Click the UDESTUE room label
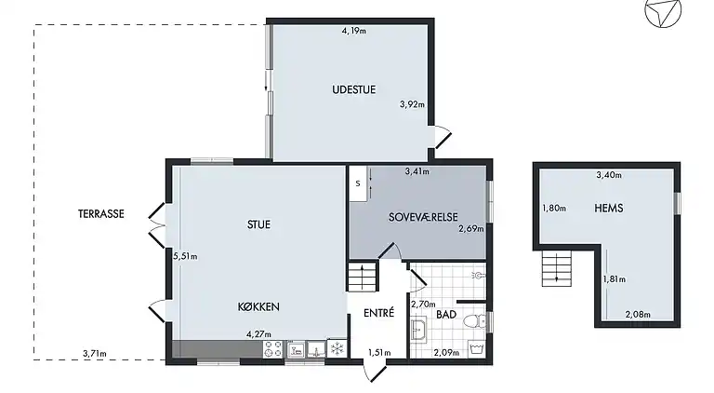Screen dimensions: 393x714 [x=353, y=90]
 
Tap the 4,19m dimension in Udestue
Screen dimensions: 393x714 [x=353, y=31]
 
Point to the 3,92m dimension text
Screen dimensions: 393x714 [x=411, y=104]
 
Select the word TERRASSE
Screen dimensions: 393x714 [x=102, y=213]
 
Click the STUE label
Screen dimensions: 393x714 [x=258, y=224]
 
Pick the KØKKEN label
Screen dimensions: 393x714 [x=258, y=306]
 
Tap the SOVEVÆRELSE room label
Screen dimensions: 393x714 [x=423, y=216]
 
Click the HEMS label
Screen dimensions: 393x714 [x=608, y=208]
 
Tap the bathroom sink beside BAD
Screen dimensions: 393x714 [x=419, y=328]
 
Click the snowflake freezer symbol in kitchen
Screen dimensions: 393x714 [x=337, y=348]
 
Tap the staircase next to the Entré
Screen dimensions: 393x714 [x=359, y=277]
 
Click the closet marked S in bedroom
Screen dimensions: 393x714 [x=357, y=183]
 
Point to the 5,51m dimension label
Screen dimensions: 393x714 [x=185, y=256]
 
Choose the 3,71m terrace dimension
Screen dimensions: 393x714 [x=94, y=353]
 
